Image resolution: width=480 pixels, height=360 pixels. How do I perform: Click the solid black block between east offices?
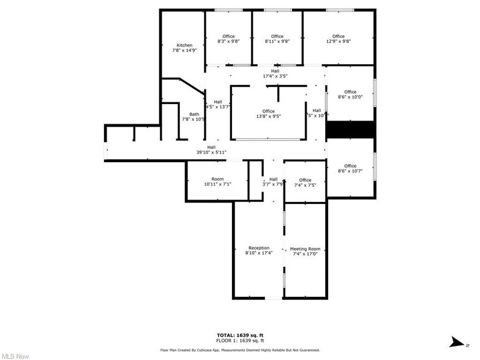click(350, 130)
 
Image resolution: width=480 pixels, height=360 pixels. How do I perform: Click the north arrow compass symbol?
click(454, 340)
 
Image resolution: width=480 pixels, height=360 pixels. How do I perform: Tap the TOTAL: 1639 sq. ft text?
click(240, 335)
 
